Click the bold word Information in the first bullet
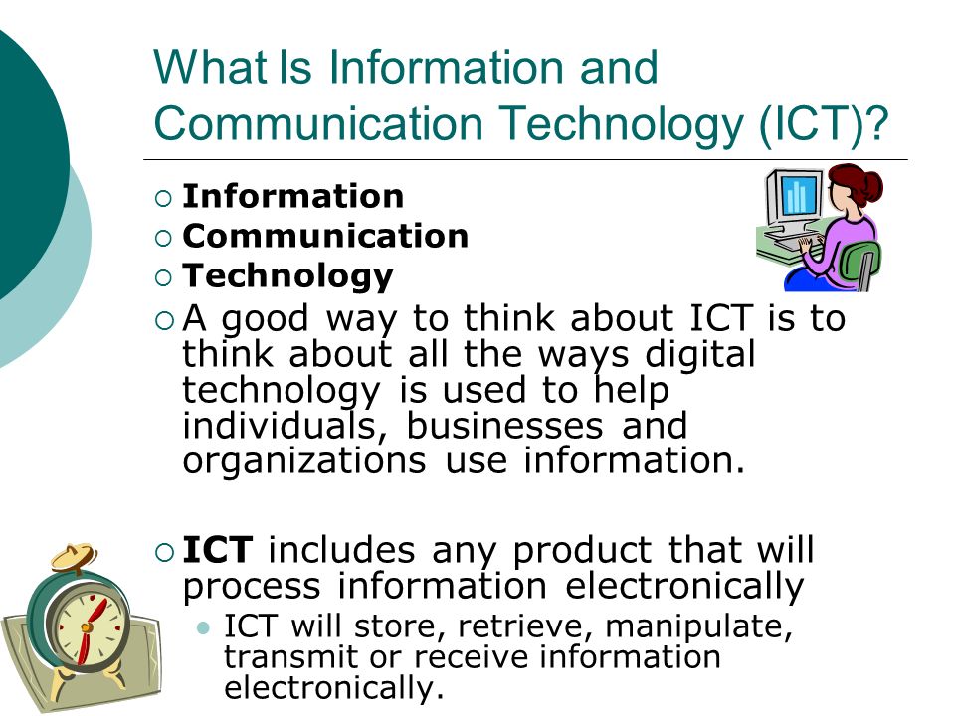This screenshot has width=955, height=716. click(293, 197)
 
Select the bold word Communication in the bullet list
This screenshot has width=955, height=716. click(325, 237)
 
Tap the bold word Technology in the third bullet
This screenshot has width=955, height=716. click(288, 275)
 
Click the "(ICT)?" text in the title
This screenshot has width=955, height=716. click(821, 124)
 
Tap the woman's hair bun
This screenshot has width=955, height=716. click(873, 183)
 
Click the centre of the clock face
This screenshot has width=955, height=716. click(87, 627)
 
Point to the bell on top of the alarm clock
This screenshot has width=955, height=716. click(75, 558)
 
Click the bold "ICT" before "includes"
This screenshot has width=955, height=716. click(220, 550)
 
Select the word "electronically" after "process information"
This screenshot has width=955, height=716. click(683, 587)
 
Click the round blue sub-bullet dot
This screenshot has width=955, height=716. click(204, 627)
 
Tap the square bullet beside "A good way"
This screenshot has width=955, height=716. click(164, 320)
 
